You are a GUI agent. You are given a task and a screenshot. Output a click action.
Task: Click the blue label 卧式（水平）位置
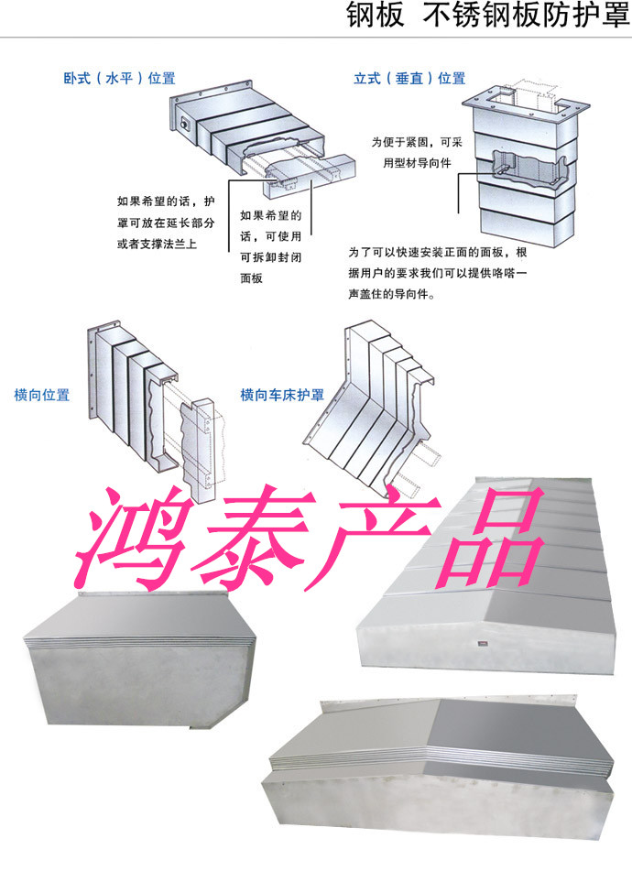(x=119, y=79)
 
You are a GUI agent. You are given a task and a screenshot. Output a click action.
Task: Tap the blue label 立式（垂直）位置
(x=409, y=79)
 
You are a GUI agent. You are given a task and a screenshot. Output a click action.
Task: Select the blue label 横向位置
(x=41, y=395)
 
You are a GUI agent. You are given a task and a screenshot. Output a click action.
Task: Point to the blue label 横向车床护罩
(x=281, y=395)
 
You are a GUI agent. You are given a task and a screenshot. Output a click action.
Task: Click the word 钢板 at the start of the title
(x=376, y=15)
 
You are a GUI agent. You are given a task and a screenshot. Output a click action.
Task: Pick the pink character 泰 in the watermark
(x=250, y=536)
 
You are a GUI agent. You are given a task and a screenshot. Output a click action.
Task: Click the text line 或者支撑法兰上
(x=157, y=244)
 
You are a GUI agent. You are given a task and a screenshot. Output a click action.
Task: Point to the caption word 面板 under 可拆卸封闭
(x=251, y=278)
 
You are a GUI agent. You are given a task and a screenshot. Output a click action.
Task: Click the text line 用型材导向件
(x=417, y=163)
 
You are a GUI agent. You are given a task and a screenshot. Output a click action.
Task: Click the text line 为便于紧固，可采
(x=417, y=142)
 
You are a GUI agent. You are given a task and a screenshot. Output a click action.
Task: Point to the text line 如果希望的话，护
(x=166, y=201)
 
